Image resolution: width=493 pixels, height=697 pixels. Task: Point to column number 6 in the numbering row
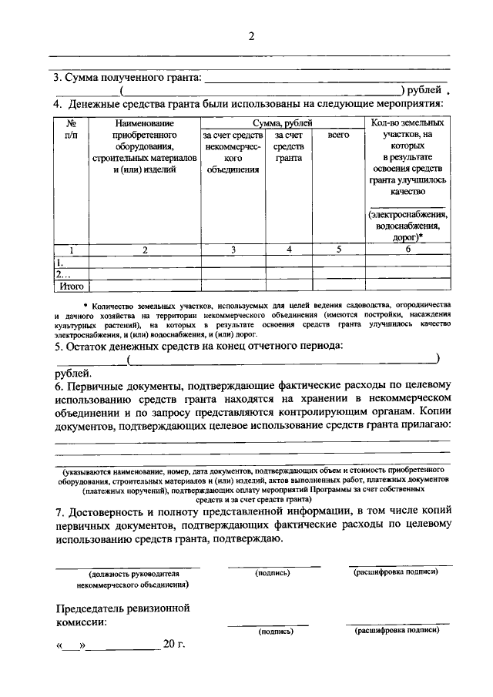[407, 250]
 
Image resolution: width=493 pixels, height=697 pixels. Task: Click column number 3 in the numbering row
[233, 250]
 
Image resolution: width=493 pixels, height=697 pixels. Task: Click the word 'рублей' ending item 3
[424, 89]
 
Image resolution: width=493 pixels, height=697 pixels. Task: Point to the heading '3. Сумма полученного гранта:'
[126, 77]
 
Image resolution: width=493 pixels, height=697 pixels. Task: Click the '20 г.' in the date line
[174, 644]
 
